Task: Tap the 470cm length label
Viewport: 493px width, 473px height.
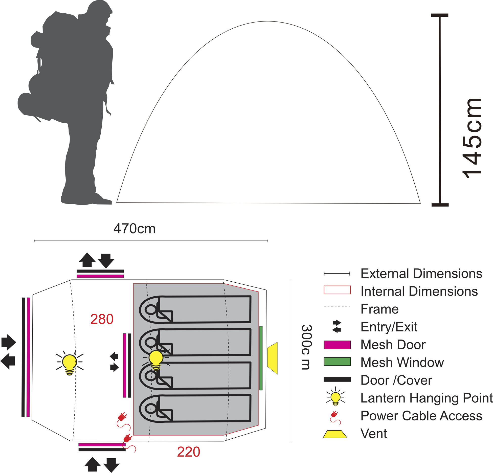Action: (134, 229)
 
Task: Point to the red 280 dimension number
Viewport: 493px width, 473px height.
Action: (102, 319)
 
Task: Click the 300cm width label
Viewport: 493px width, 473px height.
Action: (307, 347)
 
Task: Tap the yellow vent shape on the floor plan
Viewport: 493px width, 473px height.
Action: (273, 358)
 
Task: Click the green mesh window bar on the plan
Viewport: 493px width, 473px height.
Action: (261, 358)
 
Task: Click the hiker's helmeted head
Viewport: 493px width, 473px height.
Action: (100, 10)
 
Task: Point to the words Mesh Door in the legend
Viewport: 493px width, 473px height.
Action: (393, 345)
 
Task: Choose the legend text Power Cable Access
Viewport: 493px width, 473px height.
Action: (421, 416)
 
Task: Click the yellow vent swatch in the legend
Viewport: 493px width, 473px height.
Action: (335, 434)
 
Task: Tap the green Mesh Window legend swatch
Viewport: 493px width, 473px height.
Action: (337, 362)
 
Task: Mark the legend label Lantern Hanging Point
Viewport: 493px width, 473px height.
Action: (427, 398)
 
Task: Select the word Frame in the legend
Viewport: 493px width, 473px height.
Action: (380, 309)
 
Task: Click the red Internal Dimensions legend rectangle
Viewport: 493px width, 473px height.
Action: (337, 290)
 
